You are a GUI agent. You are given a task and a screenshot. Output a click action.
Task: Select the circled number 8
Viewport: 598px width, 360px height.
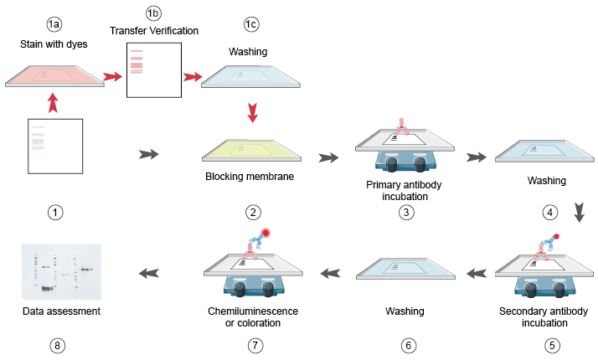tap(54, 344)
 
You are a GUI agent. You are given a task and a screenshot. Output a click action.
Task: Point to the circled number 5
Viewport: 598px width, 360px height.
tap(549, 344)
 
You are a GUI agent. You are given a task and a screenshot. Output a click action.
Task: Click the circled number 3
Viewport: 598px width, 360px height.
tap(405, 213)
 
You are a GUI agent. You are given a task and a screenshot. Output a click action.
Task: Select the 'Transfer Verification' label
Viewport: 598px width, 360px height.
tap(153, 30)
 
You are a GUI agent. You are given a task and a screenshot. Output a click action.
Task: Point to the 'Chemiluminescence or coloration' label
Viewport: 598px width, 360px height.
tap(252, 317)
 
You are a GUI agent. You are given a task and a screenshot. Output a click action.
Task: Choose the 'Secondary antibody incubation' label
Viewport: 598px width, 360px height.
tap(549, 317)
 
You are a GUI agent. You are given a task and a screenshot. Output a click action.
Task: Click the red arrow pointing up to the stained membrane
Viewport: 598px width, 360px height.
tap(53, 103)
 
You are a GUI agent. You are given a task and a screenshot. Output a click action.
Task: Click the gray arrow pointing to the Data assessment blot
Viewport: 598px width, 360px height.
tap(149, 272)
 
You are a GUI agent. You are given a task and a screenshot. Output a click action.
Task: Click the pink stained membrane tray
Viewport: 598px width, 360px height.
tap(53, 75)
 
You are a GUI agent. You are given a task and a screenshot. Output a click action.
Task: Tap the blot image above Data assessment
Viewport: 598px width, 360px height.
tap(62, 270)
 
